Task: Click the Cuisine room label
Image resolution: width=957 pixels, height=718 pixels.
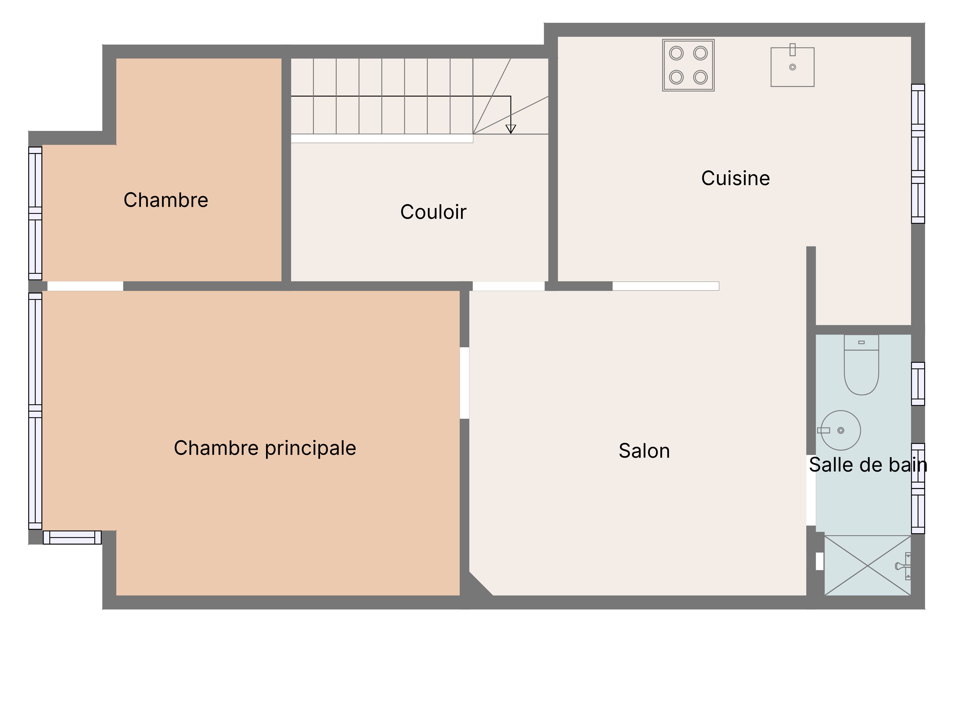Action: point(735,178)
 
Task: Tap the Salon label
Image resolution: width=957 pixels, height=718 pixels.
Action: point(644,451)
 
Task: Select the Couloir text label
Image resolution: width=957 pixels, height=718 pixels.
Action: point(433,212)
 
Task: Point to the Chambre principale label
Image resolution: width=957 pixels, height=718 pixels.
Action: point(265,448)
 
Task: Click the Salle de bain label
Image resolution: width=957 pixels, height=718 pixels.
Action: point(868,465)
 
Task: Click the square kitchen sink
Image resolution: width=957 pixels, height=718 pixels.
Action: point(793,67)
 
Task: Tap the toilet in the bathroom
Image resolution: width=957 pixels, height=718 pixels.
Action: point(861,365)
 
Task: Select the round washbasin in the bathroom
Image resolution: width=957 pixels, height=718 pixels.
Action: point(841,430)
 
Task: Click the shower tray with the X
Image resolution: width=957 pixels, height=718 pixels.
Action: point(868,565)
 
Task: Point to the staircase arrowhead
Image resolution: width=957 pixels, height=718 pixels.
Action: point(511,129)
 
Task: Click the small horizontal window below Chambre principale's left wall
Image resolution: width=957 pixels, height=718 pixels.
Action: point(72,538)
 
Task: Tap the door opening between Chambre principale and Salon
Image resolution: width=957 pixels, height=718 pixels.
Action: point(464,383)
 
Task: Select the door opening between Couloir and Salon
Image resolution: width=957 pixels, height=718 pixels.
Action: point(508,286)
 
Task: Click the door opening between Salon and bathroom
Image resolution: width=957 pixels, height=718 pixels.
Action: point(811,490)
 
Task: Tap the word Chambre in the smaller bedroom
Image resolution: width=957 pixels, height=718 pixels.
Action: point(166,200)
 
